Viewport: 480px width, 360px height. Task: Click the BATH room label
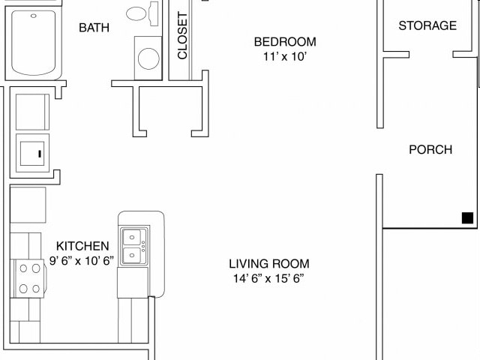(94, 28)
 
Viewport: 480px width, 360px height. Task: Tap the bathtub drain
(33, 16)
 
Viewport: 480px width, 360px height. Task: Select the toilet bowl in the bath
(136, 13)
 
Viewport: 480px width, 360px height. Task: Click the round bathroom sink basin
(148, 58)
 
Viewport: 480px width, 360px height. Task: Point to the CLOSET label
(182, 35)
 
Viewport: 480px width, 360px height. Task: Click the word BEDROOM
(285, 42)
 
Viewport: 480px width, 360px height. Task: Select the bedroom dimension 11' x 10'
(285, 57)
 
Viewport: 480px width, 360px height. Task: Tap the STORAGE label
(427, 25)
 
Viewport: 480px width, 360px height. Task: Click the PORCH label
(430, 149)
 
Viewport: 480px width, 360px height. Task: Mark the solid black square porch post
(467, 218)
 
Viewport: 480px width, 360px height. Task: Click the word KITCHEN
(82, 246)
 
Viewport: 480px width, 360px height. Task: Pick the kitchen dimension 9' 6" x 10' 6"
(82, 260)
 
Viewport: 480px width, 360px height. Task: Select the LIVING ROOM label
(269, 263)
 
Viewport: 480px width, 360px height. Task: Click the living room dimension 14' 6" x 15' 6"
(268, 278)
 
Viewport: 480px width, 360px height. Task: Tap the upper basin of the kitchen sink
(132, 237)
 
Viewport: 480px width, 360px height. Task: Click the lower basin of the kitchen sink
(132, 255)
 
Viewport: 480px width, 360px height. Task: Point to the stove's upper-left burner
(23, 268)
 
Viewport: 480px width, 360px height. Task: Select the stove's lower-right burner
(36, 289)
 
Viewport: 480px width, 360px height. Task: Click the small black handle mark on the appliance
(40, 154)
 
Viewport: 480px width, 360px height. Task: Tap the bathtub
(33, 43)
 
